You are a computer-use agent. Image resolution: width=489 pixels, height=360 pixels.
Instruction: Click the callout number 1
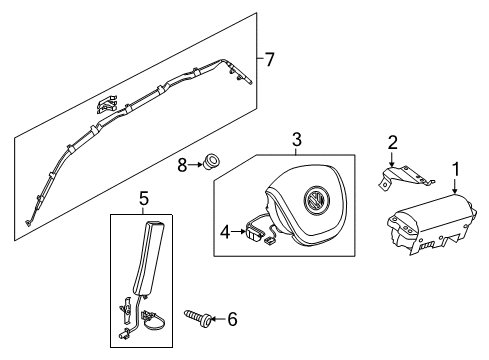click(x=455, y=169)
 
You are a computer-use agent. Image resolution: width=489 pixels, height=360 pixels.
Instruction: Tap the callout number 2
click(x=393, y=142)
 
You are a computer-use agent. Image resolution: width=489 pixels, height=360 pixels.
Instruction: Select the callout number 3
click(x=297, y=139)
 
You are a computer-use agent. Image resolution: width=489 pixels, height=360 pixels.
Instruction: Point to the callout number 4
click(x=225, y=232)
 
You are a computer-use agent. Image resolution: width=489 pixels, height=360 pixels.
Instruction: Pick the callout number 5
click(x=143, y=199)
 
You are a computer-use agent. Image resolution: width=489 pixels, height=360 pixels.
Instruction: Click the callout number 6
click(x=232, y=319)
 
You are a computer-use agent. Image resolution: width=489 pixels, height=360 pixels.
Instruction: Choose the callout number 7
click(x=269, y=60)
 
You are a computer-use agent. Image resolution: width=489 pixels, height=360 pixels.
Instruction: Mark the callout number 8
click(x=182, y=165)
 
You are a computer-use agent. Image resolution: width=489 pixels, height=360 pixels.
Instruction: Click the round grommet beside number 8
click(x=211, y=162)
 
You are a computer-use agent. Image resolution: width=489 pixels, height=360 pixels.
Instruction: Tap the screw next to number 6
click(x=197, y=318)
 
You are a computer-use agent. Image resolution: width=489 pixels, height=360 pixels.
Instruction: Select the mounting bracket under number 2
click(x=405, y=177)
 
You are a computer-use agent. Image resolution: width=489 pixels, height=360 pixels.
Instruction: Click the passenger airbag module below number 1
click(x=433, y=224)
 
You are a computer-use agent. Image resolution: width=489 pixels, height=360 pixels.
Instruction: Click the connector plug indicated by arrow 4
click(x=255, y=234)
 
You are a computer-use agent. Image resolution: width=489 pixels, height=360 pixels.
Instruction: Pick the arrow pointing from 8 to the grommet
click(x=195, y=164)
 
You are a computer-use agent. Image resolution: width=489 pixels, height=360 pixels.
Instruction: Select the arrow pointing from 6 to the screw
click(x=218, y=319)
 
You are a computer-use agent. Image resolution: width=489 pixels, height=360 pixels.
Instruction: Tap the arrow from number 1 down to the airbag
click(x=455, y=186)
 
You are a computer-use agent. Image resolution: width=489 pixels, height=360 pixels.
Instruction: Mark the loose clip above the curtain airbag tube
click(x=107, y=104)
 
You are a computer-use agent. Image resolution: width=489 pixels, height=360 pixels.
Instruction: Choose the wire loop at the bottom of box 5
click(x=154, y=321)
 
